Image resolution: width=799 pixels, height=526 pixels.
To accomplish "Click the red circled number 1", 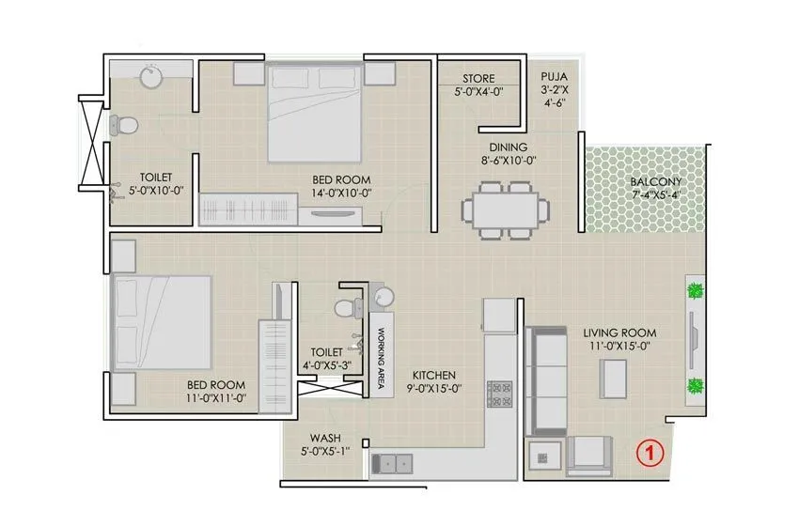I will click(x=650, y=452).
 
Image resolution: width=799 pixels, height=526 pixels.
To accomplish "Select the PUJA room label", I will click(x=551, y=78).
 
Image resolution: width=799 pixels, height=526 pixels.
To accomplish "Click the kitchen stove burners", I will click(x=496, y=394).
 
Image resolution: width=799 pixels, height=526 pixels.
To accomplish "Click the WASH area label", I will click(x=325, y=439).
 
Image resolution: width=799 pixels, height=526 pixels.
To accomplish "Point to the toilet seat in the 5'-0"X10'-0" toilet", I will click(x=124, y=124).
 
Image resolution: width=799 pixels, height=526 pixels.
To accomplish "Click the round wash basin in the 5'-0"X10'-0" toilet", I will click(x=151, y=76).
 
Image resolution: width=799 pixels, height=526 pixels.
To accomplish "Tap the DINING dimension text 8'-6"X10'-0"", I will click(x=507, y=161).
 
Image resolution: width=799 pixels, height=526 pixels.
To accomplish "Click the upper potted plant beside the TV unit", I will click(x=695, y=291).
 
